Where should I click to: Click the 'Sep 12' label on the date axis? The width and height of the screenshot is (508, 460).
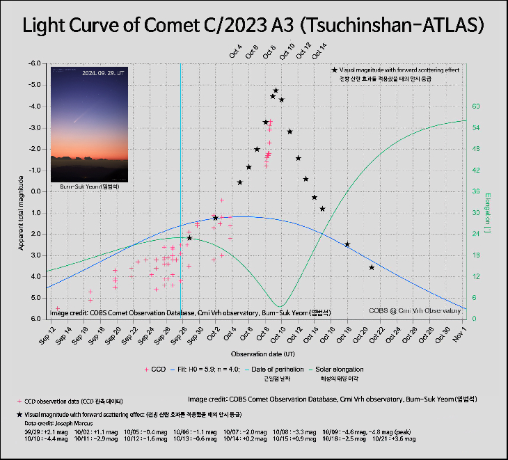(50, 335)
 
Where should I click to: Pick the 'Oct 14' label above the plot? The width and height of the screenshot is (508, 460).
(322, 51)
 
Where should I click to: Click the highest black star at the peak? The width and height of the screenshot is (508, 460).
(276, 90)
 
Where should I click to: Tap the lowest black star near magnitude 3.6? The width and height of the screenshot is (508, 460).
(372, 267)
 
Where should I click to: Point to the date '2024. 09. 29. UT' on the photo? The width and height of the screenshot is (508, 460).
(104, 72)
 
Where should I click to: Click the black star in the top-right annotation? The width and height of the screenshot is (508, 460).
(335, 70)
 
